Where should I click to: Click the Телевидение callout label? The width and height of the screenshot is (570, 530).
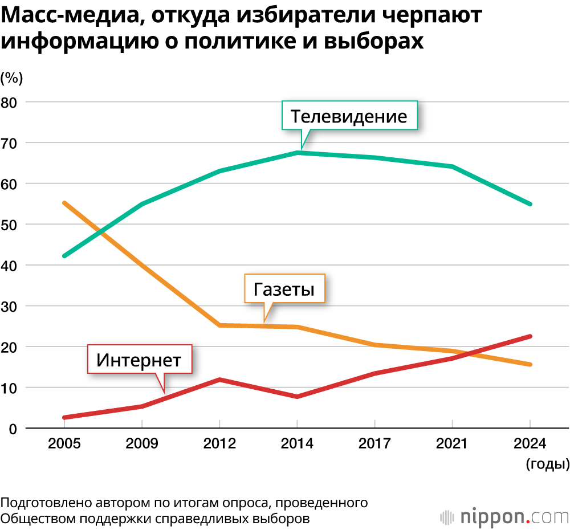click(349, 116)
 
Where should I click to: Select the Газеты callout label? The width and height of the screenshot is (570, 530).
click(284, 289)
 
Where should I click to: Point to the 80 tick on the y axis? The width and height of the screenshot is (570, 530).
click(11, 102)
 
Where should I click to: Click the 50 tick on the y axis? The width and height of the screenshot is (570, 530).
click(11, 225)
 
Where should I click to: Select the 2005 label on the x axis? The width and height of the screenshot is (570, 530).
click(64, 444)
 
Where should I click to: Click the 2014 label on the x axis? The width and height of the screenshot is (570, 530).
click(297, 444)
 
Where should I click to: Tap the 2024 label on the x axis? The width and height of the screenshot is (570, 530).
click(530, 444)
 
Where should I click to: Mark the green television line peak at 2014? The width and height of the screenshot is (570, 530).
click(298, 153)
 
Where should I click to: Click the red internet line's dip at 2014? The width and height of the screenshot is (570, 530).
click(298, 397)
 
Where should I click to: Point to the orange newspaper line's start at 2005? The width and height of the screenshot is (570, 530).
click(64, 203)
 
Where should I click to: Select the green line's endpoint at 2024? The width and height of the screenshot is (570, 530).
click(530, 204)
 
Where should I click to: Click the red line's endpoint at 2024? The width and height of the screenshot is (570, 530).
click(530, 336)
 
